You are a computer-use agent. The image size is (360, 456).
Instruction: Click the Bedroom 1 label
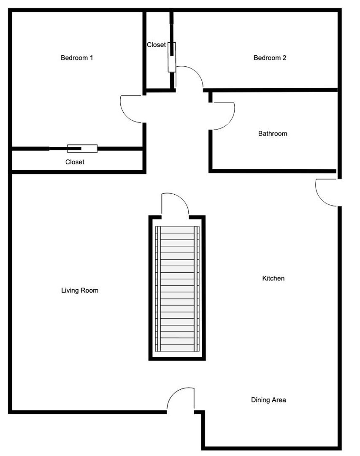[77, 57]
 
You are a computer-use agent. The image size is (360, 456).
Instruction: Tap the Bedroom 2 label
[270, 57]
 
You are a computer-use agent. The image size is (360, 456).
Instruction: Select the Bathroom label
[273, 133]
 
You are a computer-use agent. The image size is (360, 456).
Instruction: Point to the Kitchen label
[273, 278]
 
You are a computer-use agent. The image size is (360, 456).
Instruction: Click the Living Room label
[80, 290]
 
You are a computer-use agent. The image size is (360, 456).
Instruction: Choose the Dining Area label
[268, 400]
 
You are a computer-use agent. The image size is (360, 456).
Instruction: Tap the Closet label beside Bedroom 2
[156, 45]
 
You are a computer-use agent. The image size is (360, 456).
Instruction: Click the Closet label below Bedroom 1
[75, 162]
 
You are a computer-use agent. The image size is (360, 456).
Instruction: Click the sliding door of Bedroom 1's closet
[82, 149]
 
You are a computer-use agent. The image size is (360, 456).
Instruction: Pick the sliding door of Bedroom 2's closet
[172, 57]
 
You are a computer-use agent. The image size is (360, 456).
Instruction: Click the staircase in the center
[177, 288]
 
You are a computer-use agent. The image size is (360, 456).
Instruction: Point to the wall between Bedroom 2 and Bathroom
[271, 90]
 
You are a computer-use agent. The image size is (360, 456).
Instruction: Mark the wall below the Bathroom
[273, 171]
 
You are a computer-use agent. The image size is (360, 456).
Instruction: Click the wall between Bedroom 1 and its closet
[77, 149]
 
